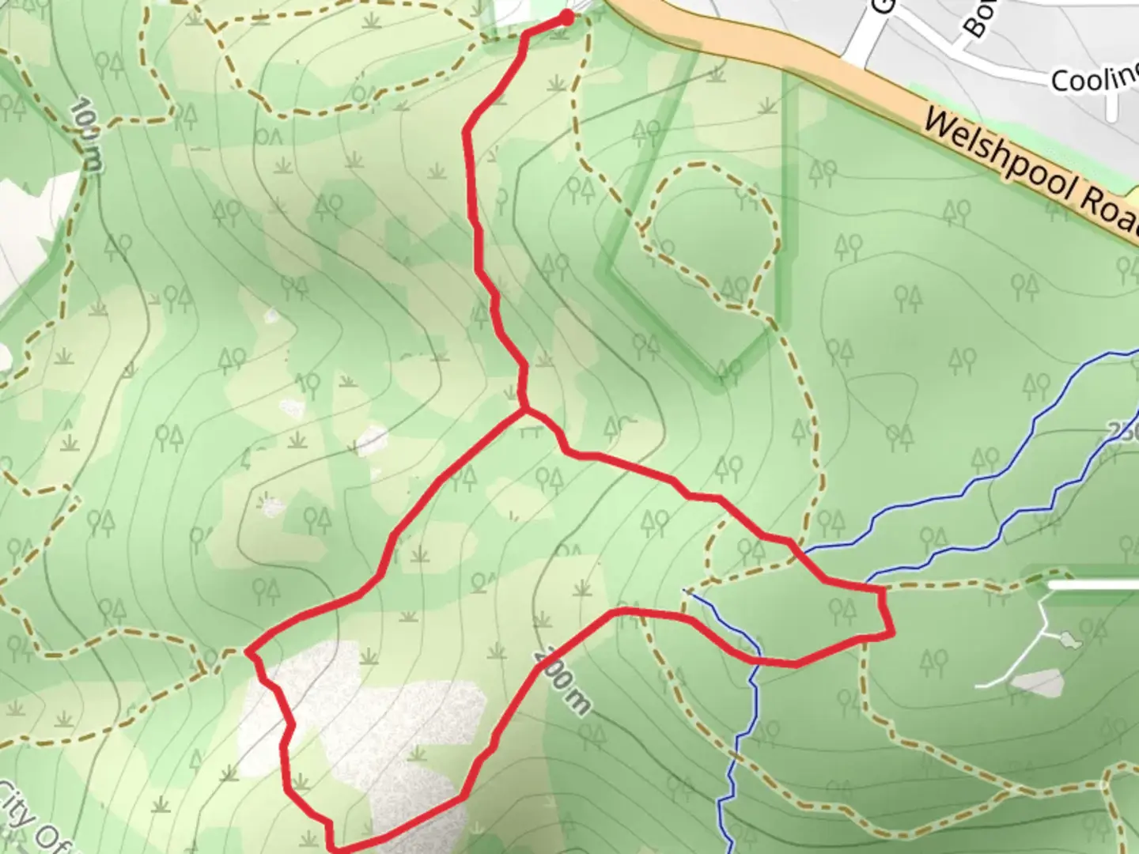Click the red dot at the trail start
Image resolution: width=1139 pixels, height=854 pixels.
566,17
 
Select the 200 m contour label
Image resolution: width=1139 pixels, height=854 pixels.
562,680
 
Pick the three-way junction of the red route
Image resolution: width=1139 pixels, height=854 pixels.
523,410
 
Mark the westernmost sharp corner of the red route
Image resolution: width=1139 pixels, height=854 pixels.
248,652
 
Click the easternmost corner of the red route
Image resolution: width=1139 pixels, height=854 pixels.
893,633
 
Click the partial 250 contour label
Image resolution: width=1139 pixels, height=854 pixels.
1123,431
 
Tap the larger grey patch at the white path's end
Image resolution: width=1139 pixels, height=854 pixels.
1036,682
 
